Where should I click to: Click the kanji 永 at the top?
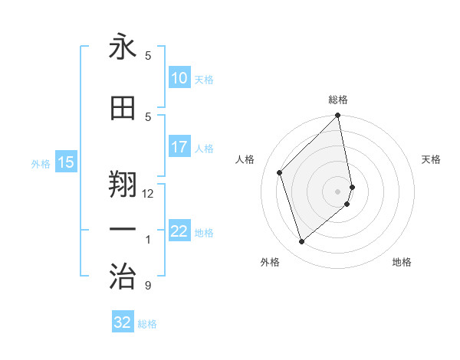tap(123, 47)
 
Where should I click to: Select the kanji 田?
tap(123, 109)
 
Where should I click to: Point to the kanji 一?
tap(123, 229)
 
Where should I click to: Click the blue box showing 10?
tap(179, 79)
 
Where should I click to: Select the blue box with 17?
tap(179, 148)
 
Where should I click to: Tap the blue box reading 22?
tap(179, 232)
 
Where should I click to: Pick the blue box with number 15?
tap(66, 162)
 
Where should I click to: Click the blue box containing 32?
tap(123, 323)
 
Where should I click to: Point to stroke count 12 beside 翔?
tap(148, 194)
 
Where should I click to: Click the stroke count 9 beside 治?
tap(147, 286)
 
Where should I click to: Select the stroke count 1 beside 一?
tap(148, 240)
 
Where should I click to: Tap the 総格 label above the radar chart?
tap(337, 100)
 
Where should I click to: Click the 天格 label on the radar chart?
tap(431, 159)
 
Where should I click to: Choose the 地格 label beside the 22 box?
tap(204, 233)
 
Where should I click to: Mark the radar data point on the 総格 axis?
tap(337, 116)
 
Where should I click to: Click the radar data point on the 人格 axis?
tap(280, 172)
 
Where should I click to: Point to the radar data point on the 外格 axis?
tap(302, 242)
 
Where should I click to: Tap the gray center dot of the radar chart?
tap(337, 191)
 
